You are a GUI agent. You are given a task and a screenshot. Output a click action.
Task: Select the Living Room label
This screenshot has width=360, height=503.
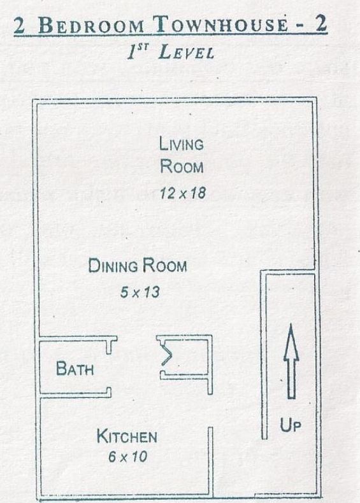(182, 155)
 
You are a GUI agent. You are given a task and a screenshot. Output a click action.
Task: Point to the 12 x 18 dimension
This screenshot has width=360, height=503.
(182, 193)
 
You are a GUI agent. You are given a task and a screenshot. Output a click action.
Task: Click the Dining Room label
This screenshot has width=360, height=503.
(138, 266)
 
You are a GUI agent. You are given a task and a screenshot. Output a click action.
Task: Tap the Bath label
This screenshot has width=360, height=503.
(75, 368)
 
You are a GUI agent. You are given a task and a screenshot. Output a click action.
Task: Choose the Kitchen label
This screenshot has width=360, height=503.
(127, 437)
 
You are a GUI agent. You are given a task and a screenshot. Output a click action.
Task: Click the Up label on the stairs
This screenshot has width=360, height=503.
(291, 424)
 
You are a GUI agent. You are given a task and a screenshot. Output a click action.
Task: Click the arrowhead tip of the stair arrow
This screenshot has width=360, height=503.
(291, 325)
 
